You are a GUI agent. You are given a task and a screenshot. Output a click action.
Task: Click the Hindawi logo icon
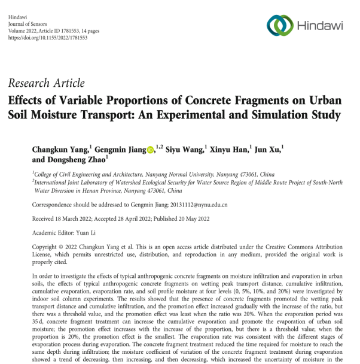279,23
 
